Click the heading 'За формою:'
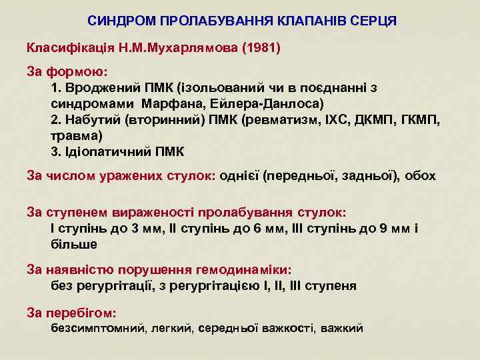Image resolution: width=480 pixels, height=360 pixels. point(67,70)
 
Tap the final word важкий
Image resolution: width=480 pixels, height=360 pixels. point(342,328)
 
